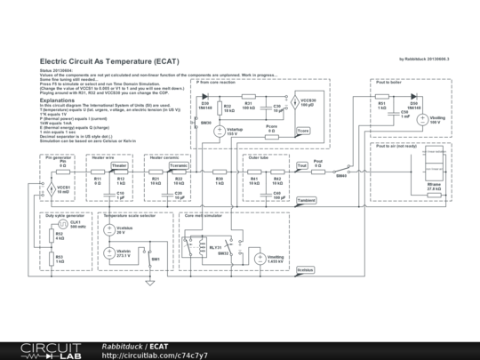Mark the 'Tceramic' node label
click(179, 166)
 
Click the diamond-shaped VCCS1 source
click(50, 188)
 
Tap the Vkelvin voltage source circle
click(108, 252)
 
